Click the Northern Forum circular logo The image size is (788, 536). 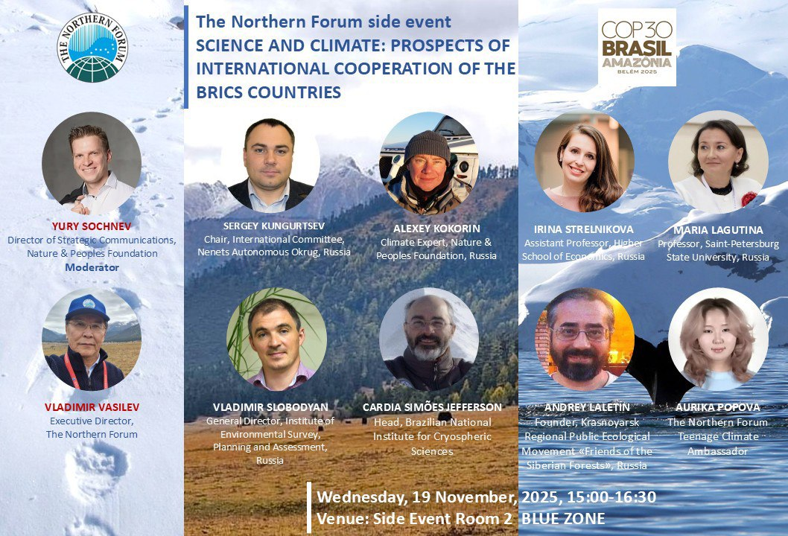point(93,47)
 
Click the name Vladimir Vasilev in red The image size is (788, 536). point(92,407)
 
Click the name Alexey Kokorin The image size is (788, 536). point(427,229)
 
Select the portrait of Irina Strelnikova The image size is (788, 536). point(584,162)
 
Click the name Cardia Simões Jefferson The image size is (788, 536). point(432,407)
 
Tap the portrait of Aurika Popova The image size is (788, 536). point(718,339)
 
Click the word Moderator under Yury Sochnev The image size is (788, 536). point(92,267)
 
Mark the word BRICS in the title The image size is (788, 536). point(220,93)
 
